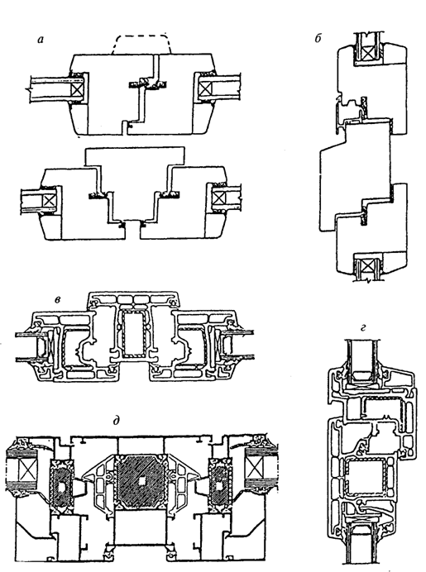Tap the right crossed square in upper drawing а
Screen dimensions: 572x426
[207, 87]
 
